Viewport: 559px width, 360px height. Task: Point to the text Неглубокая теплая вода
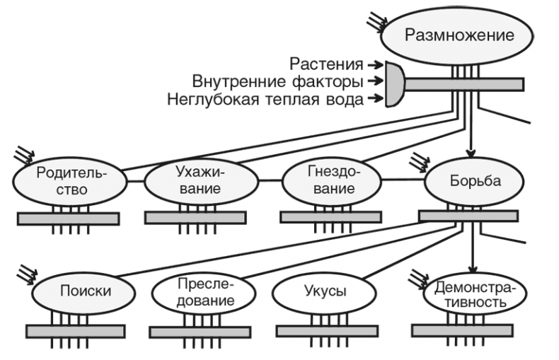pyautogui.click(x=265, y=99)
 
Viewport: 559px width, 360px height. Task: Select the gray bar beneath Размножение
pyautogui.click(x=463, y=84)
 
